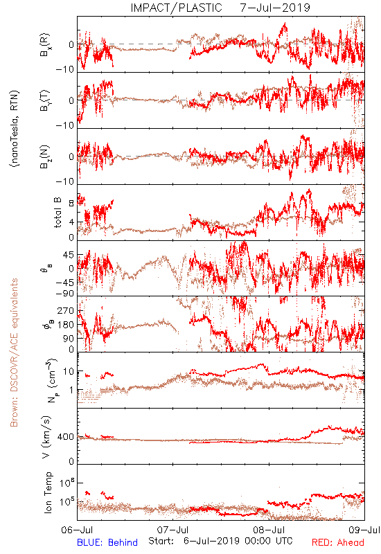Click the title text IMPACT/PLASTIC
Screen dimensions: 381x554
point(176,8)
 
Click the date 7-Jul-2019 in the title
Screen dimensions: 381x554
point(275,8)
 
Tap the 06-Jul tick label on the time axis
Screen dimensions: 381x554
point(77,530)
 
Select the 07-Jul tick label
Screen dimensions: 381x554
point(172,530)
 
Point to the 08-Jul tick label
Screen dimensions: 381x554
point(269,530)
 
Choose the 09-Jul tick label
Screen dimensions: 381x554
point(364,530)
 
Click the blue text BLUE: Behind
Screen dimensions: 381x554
point(107,542)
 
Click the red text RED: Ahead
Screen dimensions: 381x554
point(337,542)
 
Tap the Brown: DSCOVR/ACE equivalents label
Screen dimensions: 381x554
point(14,352)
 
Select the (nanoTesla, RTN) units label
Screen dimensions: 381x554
point(15,129)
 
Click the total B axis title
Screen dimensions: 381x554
point(57,213)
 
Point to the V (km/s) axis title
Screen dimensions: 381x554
point(46,437)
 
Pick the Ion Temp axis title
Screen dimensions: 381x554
point(48,492)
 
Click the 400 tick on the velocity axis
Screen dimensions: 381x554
point(66,437)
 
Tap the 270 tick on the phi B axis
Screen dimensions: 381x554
point(66,311)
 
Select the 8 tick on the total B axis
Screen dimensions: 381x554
point(71,204)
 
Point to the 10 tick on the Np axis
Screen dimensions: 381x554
point(69,372)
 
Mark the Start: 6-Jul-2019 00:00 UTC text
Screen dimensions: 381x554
point(220,541)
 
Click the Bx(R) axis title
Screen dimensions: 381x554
point(45,45)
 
